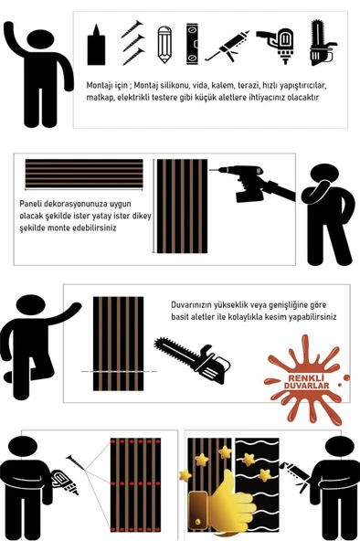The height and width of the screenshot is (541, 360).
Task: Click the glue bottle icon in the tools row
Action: click(96, 45)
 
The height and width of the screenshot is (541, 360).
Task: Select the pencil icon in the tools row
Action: click(164, 45)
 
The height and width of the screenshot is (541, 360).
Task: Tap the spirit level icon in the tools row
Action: click(193, 44)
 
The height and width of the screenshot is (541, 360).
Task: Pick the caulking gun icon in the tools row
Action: click(227, 47)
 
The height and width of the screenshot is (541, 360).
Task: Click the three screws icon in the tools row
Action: click(132, 43)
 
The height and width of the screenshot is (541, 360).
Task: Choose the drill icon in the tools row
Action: click(276, 45)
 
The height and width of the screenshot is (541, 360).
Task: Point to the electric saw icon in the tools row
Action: click(322, 42)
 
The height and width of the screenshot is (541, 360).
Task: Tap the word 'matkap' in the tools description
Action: click(98, 98)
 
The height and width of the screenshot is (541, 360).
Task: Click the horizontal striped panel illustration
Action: click(84, 174)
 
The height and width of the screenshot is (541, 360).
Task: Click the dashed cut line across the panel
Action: click(119, 372)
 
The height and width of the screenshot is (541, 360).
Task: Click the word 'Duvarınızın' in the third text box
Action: click(191, 305)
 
